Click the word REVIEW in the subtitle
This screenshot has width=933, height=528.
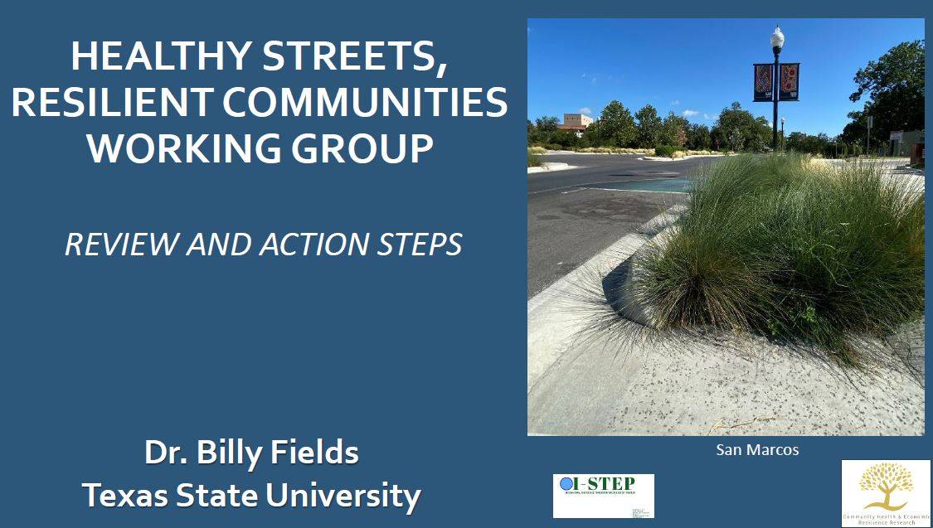pyautogui.click(x=121, y=245)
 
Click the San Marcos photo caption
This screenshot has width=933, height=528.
pyautogui.click(x=757, y=450)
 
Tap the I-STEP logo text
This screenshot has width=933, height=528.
pyautogui.click(x=610, y=484)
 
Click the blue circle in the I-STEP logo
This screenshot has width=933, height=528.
pyautogui.click(x=566, y=484)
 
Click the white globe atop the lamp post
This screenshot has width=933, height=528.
pyautogui.click(x=777, y=36)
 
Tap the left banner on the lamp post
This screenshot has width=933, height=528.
pyautogui.click(x=763, y=82)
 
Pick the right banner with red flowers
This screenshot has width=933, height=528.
pyautogui.click(x=790, y=82)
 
